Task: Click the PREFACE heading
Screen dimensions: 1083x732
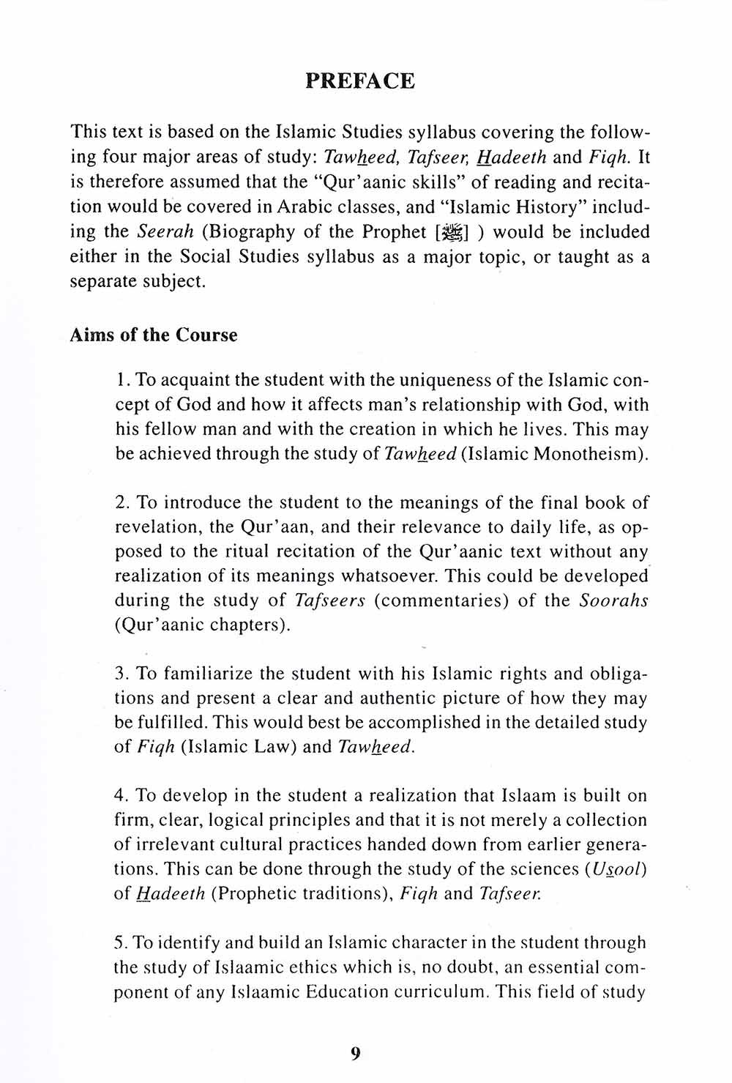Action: (359, 81)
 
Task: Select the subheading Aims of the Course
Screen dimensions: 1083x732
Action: (154, 335)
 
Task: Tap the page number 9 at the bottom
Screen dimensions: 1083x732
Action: (356, 1054)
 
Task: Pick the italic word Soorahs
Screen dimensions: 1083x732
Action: (613, 601)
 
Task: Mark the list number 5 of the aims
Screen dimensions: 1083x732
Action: (121, 943)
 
